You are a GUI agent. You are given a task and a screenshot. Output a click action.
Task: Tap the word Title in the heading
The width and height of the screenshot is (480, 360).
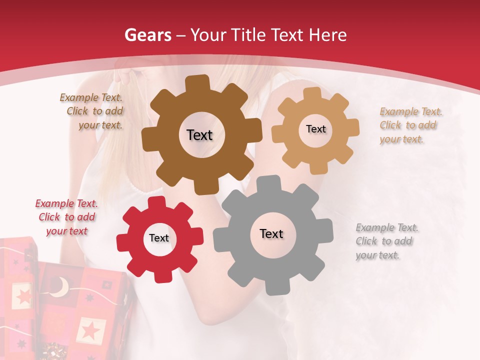click(247, 35)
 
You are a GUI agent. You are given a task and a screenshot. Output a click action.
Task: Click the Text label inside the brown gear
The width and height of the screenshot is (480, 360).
click(199, 135)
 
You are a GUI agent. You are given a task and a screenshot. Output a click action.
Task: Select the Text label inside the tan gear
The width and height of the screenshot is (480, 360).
click(315, 129)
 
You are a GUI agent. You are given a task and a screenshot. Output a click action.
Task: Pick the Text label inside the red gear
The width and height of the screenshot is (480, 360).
click(159, 238)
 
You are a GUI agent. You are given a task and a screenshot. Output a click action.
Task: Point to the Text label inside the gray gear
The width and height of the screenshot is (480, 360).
click(271, 233)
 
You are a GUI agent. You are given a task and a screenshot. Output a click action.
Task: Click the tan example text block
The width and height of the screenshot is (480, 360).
click(410, 125)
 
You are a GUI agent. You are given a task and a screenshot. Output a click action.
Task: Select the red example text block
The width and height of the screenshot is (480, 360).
click(66, 217)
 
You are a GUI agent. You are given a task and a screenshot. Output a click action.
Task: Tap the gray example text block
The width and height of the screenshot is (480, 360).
click(386, 241)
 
